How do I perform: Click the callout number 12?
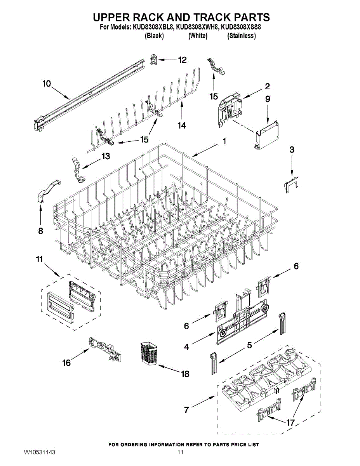point(182,60)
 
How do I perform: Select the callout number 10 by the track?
point(47,83)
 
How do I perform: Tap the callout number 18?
point(185,374)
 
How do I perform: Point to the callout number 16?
point(67,363)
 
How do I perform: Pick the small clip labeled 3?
point(291,183)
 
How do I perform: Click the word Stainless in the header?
point(241,36)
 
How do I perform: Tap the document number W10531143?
point(39,453)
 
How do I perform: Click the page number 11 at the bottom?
point(180,452)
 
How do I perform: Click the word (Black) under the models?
point(154,36)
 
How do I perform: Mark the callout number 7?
point(186,410)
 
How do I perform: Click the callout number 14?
point(181,125)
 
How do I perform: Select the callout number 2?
point(268,86)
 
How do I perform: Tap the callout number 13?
point(105,156)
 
